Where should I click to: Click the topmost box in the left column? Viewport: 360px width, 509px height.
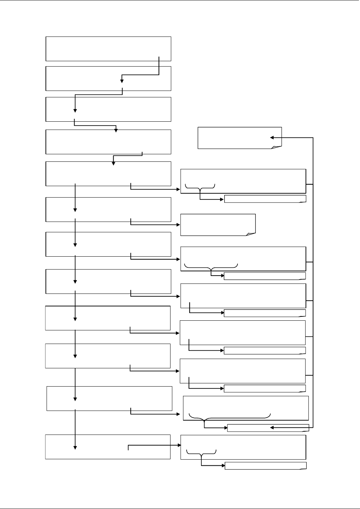[108, 48]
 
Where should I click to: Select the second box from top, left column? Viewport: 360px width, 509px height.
[108, 78]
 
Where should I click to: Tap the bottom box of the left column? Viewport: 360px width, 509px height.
[107, 447]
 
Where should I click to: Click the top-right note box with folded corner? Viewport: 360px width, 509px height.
[240, 137]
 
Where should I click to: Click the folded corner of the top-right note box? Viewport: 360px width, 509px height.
[277, 146]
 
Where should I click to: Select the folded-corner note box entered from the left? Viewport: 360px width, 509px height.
[218, 225]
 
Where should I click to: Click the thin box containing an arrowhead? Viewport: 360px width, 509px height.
[268, 428]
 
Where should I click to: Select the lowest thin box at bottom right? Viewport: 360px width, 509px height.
[265, 465]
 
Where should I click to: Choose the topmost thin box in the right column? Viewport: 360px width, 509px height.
[265, 199]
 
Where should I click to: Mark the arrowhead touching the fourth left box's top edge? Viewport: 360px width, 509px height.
[116, 131]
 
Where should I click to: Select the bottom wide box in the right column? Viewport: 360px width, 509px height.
[243, 447]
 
